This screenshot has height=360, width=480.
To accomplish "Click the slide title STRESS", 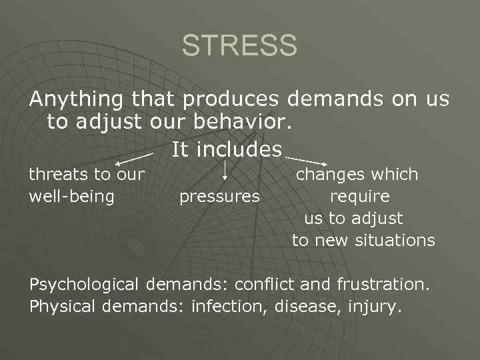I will [239, 46].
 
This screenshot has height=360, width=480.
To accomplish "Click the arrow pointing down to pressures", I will [225, 171].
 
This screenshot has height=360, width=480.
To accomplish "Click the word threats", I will [59, 175].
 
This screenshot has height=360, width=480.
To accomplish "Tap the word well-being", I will [72, 197].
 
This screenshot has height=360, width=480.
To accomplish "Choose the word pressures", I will [219, 197].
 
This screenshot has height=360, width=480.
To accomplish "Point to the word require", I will [360, 197].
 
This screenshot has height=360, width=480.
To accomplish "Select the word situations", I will [396, 240].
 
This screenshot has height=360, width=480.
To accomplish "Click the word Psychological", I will [84, 285].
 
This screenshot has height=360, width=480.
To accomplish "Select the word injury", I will [379, 307].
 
